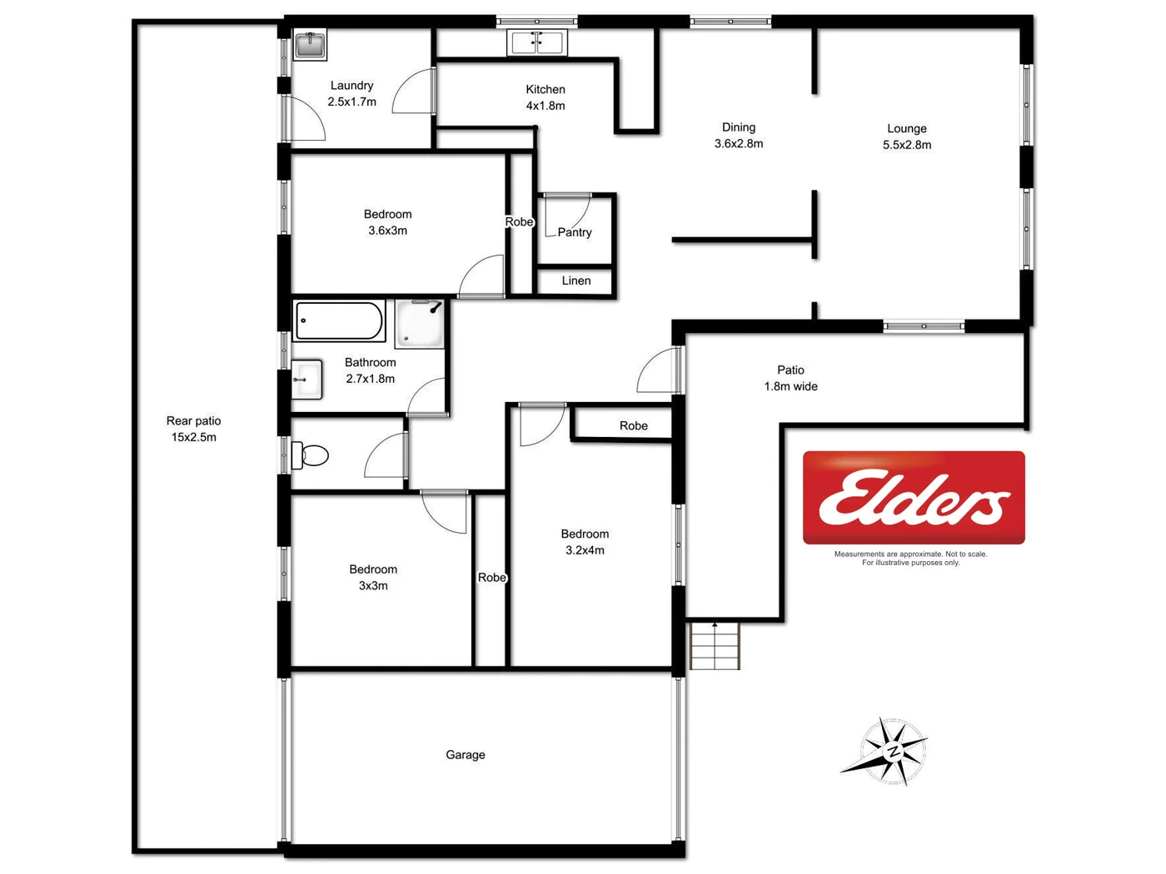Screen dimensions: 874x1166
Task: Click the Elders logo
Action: pos(914,498)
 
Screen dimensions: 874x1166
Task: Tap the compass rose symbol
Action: pos(889,751)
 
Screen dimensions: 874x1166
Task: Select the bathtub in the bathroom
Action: pos(339,321)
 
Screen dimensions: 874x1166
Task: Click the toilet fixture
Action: pos(310,455)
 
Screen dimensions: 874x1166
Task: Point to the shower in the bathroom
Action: pos(420,323)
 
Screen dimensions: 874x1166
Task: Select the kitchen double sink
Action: pos(537,42)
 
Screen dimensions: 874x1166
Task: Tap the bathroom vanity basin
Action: pos(306,380)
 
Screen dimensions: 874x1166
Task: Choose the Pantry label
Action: pos(575,232)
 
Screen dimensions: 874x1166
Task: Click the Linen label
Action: pos(576,281)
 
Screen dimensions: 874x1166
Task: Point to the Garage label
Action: pos(465,755)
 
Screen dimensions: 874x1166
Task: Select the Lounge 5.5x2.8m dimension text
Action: pos(906,145)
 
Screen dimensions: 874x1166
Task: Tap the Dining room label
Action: pos(739,127)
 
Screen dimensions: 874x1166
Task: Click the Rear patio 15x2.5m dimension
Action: pos(193,437)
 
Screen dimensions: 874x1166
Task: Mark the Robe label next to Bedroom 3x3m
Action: pos(491,578)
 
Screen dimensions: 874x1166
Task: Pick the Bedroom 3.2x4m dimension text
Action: pos(585,550)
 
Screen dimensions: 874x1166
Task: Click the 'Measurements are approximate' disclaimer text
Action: pos(910,558)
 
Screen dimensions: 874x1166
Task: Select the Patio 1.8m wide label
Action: pos(790,378)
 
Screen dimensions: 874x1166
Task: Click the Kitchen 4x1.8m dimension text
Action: pos(546,106)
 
